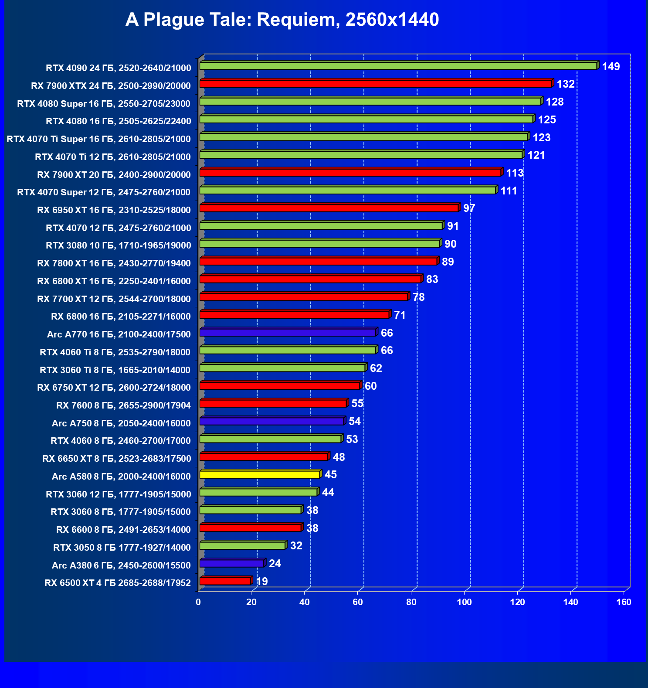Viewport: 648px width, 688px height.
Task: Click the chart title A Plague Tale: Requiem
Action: [x=282, y=20]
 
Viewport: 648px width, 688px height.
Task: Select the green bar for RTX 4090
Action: [x=398, y=66]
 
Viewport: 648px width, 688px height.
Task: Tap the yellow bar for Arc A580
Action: [x=260, y=474]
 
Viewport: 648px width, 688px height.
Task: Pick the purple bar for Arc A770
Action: [x=288, y=333]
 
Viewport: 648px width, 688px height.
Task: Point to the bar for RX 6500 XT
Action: [x=225, y=581]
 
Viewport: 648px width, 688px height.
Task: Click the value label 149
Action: [x=611, y=67]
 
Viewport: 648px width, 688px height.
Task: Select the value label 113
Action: [x=514, y=173]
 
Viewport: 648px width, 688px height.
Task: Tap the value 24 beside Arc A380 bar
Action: [x=275, y=564]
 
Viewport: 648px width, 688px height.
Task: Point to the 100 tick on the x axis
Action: [x=464, y=603]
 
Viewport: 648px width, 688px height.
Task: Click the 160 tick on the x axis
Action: [x=624, y=603]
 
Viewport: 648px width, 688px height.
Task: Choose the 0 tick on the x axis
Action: [x=198, y=603]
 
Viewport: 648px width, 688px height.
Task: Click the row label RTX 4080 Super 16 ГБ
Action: [x=104, y=104]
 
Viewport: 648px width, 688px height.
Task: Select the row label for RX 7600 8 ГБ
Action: [x=123, y=405]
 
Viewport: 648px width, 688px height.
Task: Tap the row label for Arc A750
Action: [x=121, y=423]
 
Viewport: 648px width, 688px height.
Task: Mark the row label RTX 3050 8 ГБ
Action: [x=122, y=548]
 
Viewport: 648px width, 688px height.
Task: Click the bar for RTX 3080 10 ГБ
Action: [x=319, y=244]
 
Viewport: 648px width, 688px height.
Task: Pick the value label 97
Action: [x=469, y=208]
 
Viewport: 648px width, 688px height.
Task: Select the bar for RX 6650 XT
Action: [x=264, y=457]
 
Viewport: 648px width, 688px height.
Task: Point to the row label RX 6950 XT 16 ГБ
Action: [x=114, y=210]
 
